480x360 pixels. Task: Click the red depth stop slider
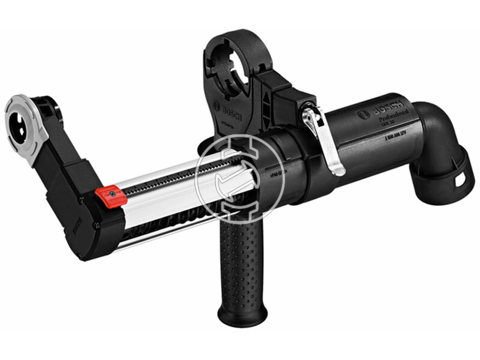pos(110,197)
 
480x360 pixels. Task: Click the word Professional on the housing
pos(393,120)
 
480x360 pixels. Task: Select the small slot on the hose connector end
pos(461,178)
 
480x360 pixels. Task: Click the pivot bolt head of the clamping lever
pos(308,113)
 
